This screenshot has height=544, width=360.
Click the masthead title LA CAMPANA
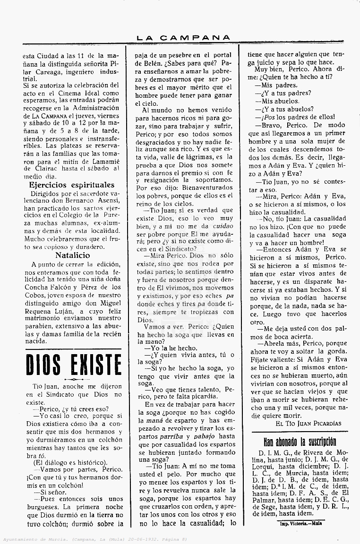183,37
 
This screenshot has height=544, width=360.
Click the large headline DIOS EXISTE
73,365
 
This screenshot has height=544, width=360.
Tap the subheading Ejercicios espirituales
72,185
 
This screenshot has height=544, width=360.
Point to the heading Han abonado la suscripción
300,442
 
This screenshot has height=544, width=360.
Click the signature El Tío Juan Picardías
308,424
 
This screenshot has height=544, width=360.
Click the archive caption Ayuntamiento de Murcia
33,539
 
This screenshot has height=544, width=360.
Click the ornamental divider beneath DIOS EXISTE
73,379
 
